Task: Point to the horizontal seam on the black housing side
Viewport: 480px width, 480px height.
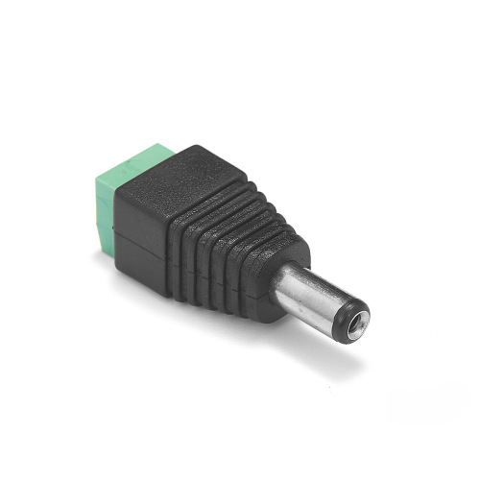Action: click(x=144, y=238)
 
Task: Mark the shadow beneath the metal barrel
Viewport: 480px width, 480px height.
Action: click(x=317, y=350)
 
